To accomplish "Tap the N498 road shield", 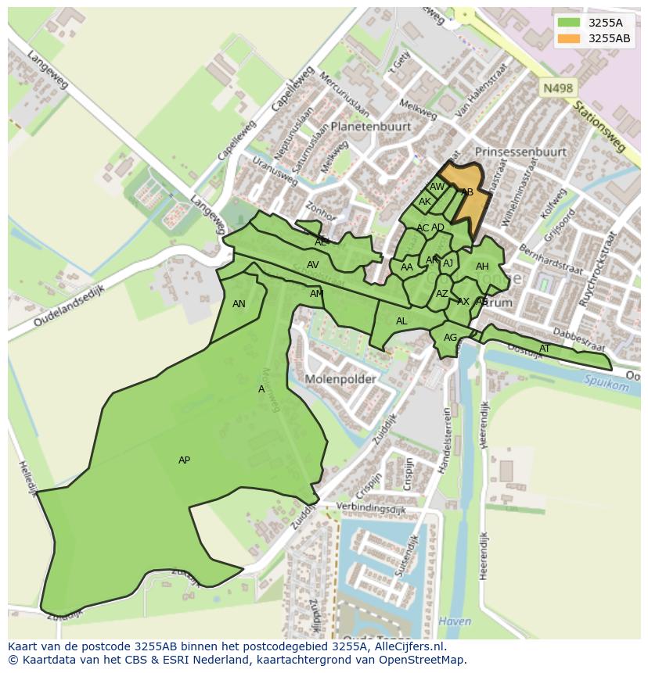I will coord(557,89).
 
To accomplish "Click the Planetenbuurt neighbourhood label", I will coord(371,126).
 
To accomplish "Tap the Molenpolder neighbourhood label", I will coord(340,379).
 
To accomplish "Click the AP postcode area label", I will coord(184,460).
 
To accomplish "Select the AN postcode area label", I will coord(239,304).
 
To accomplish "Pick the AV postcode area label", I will coord(313,265).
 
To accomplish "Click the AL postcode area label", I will coord(401,321).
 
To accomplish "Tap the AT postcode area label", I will coord(545,349).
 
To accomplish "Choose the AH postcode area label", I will coord(482,267).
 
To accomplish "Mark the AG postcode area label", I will coord(450,338).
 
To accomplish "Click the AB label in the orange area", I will coord(467,192).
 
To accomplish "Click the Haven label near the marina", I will coord(455,622).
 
